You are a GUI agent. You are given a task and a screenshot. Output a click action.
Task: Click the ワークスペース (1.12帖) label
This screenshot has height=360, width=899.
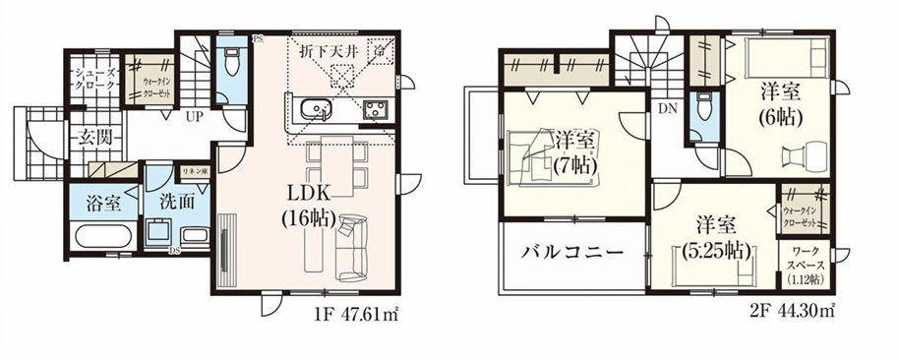click(x=806, y=268)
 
